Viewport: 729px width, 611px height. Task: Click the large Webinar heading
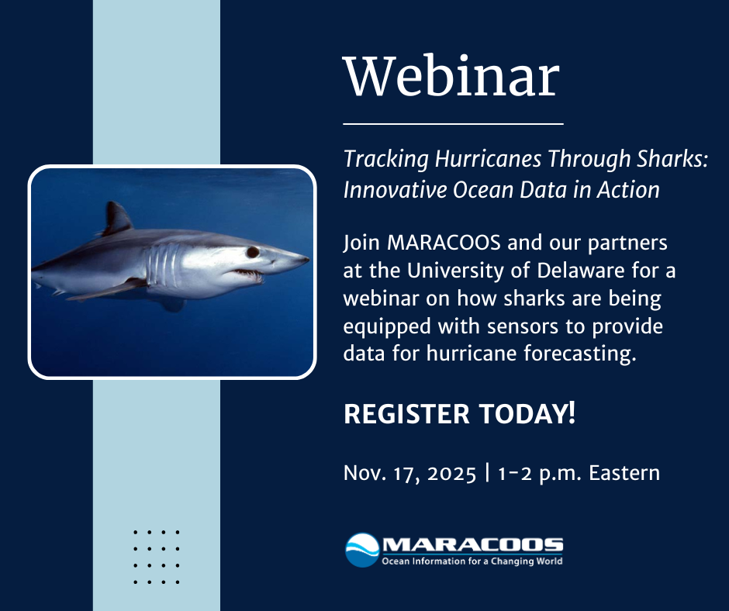[451, 77]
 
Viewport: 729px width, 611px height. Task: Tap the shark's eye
[253, 252]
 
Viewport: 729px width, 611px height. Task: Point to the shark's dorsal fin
[116, 219]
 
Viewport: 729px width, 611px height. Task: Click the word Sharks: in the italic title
[671, 160]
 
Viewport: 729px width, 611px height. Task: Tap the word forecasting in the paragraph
[581, 354]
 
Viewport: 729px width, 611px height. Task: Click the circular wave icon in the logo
[361, 550]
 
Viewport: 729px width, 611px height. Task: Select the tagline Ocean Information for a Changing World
[472, 561]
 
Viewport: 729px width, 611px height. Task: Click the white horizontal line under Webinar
[453, 123]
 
